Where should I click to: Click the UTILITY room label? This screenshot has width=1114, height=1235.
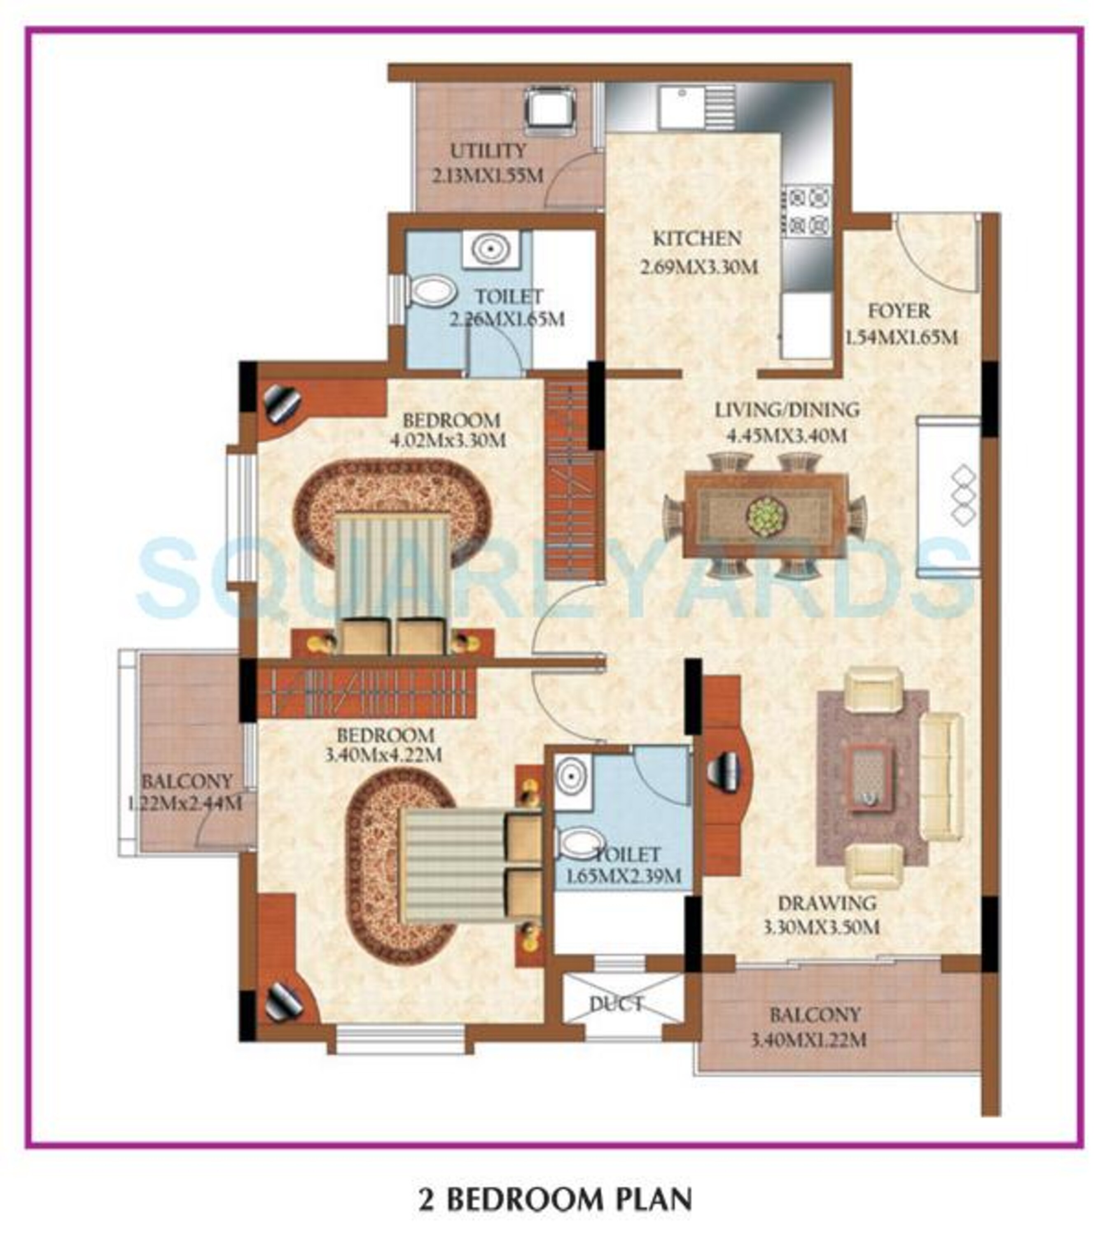[488, 151]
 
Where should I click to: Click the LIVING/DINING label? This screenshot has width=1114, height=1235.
[787, 410]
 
